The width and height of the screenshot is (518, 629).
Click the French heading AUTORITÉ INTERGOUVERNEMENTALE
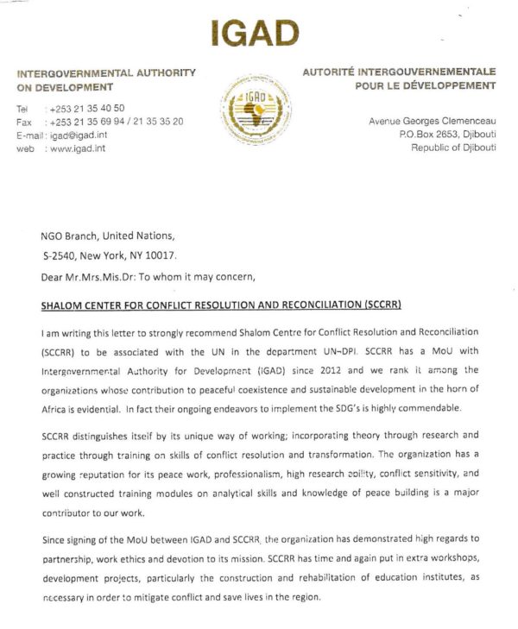pyautogui.click(x=399, y=72)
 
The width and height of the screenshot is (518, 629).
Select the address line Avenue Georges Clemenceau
pyautogui.click(x=432, y=122)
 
